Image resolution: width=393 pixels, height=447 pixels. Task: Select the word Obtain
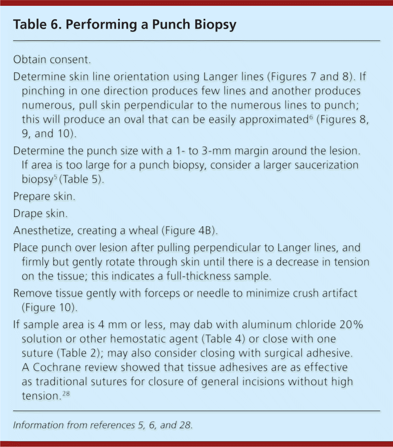pyautogui.click(x=30, y=60)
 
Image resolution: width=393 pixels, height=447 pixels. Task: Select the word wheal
pyautogui.click(x=143, y=231)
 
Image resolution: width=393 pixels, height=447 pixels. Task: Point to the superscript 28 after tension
pyautogui.click(x=66, y=394)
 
